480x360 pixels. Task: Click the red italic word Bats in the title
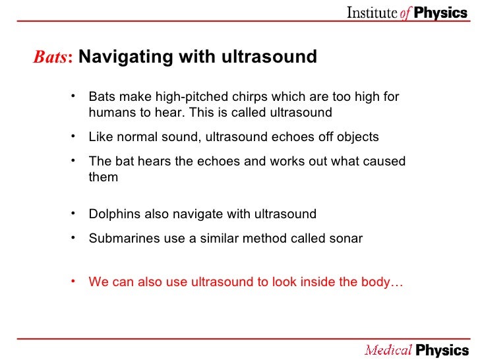point(53,57)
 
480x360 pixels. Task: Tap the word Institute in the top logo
point(372,14)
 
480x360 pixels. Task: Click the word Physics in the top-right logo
point(442,14)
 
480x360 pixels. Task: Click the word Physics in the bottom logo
point(442,349)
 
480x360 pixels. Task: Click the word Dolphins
point(113,214)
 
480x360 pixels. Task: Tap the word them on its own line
point(104,177)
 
